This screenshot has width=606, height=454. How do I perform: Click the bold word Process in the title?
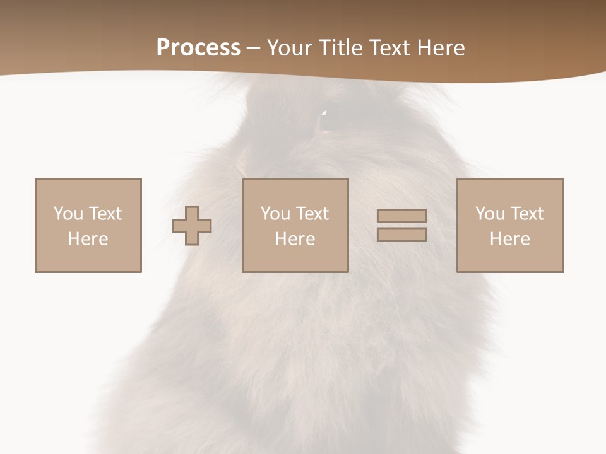pos(198,48)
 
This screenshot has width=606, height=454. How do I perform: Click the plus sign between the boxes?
pos(192,226)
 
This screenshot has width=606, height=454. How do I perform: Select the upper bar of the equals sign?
pos(401,216)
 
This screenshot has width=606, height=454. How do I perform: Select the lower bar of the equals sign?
pos(401,235)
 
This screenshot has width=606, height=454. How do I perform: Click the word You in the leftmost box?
pos(68,214)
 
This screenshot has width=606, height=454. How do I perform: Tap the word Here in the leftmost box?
pos(88,239)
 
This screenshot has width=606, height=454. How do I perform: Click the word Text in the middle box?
pos(312,214)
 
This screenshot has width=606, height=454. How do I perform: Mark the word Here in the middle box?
pos(295,239)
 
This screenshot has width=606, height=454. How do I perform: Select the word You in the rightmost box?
pos(490,214)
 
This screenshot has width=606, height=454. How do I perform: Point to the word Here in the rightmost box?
pos(509,239)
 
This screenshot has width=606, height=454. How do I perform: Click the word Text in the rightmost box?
pos(527,214)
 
